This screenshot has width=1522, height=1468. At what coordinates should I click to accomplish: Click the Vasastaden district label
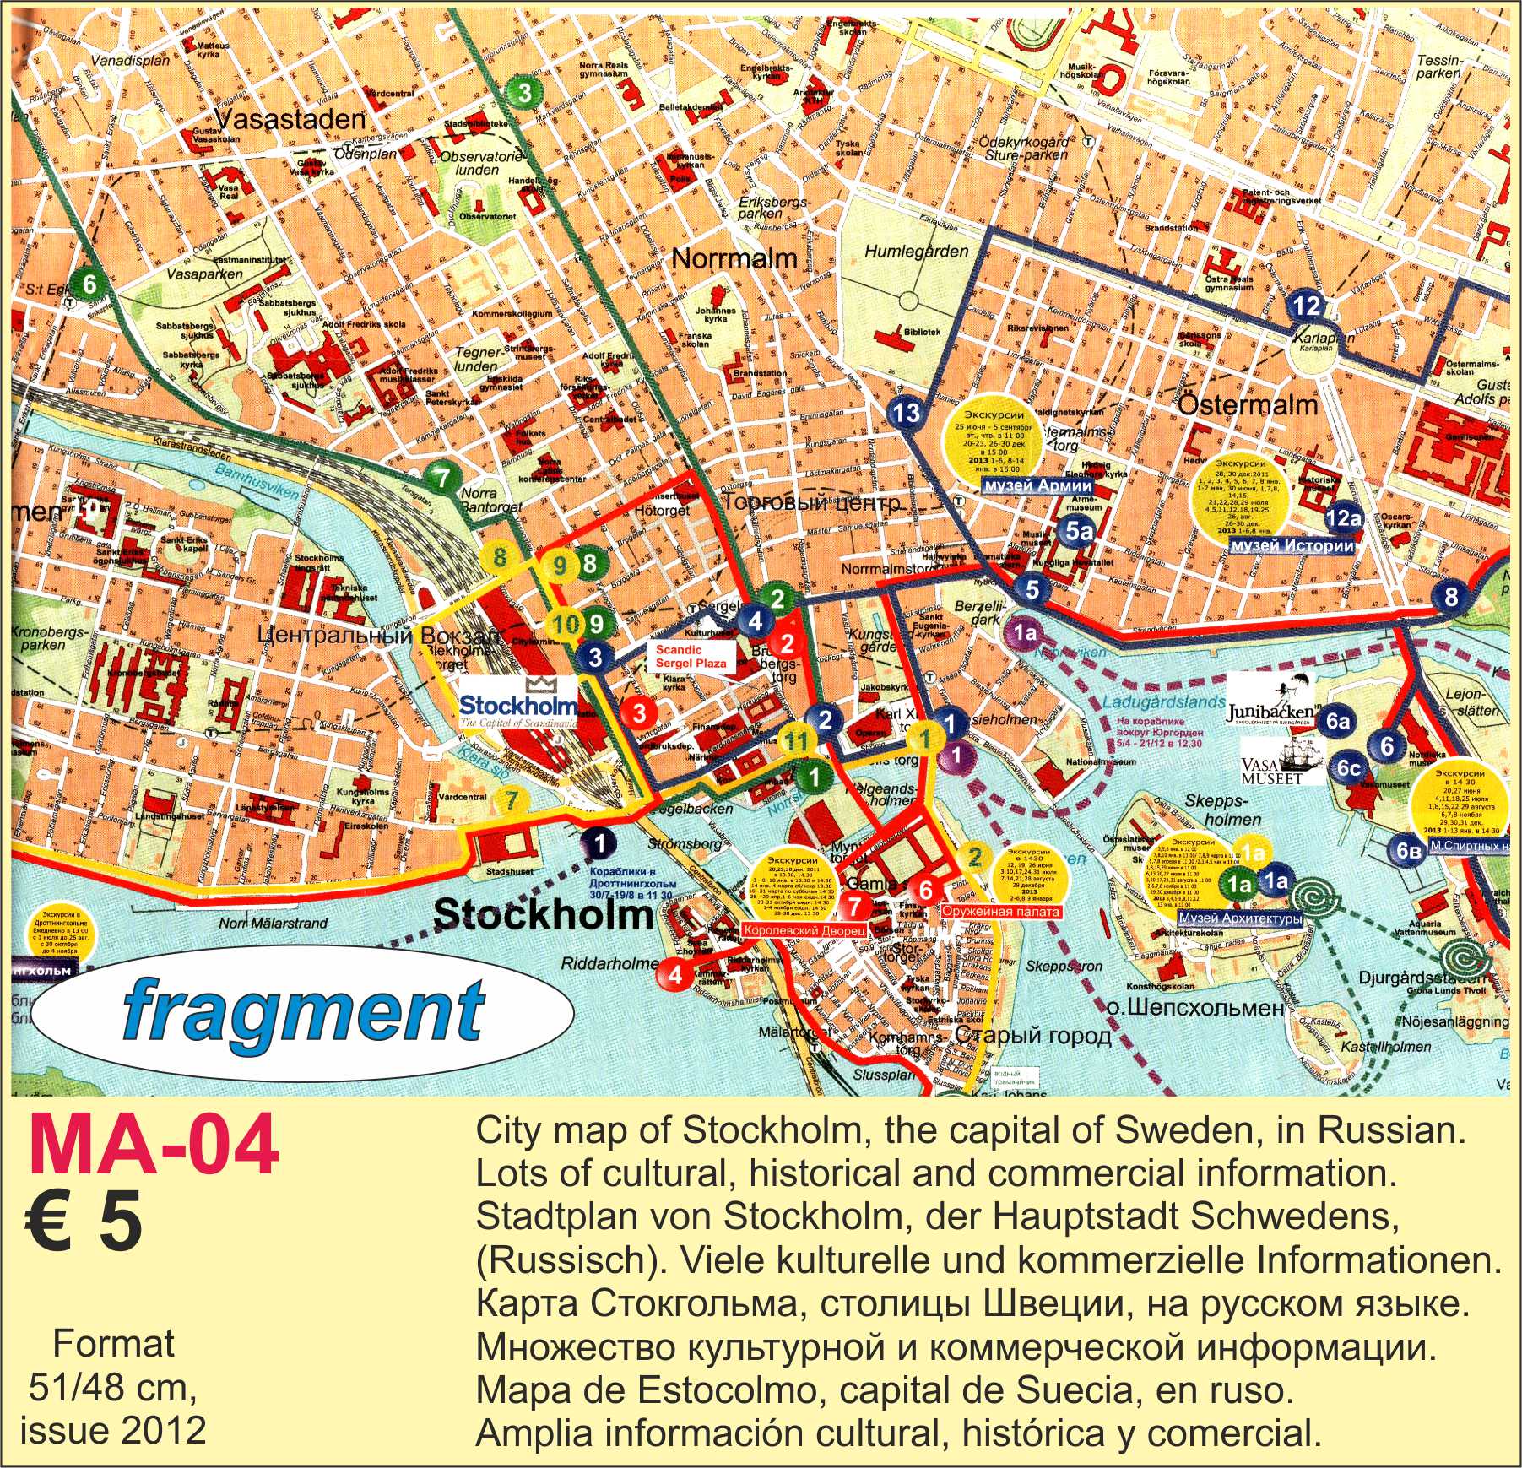coord(289,120)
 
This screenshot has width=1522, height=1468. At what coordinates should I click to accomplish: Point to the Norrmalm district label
coord(734,258)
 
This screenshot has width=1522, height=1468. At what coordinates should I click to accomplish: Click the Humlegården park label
coord(916,251)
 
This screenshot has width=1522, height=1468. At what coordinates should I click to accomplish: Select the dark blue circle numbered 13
coord(906,413)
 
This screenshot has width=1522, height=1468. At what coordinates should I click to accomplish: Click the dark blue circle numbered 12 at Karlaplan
coord(1306,306)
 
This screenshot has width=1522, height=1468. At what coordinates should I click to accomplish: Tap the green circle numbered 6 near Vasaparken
coord(89,284)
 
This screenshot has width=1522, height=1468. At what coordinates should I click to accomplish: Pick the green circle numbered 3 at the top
coord(524,93)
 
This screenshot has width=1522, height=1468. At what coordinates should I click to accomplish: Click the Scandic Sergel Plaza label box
coord(690,657)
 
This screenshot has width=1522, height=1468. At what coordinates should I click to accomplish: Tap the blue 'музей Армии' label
coord(1037,486)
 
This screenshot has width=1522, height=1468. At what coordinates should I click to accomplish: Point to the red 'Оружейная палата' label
coord(1000,913)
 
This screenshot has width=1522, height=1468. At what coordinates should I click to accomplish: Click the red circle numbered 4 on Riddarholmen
coord(674,974)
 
